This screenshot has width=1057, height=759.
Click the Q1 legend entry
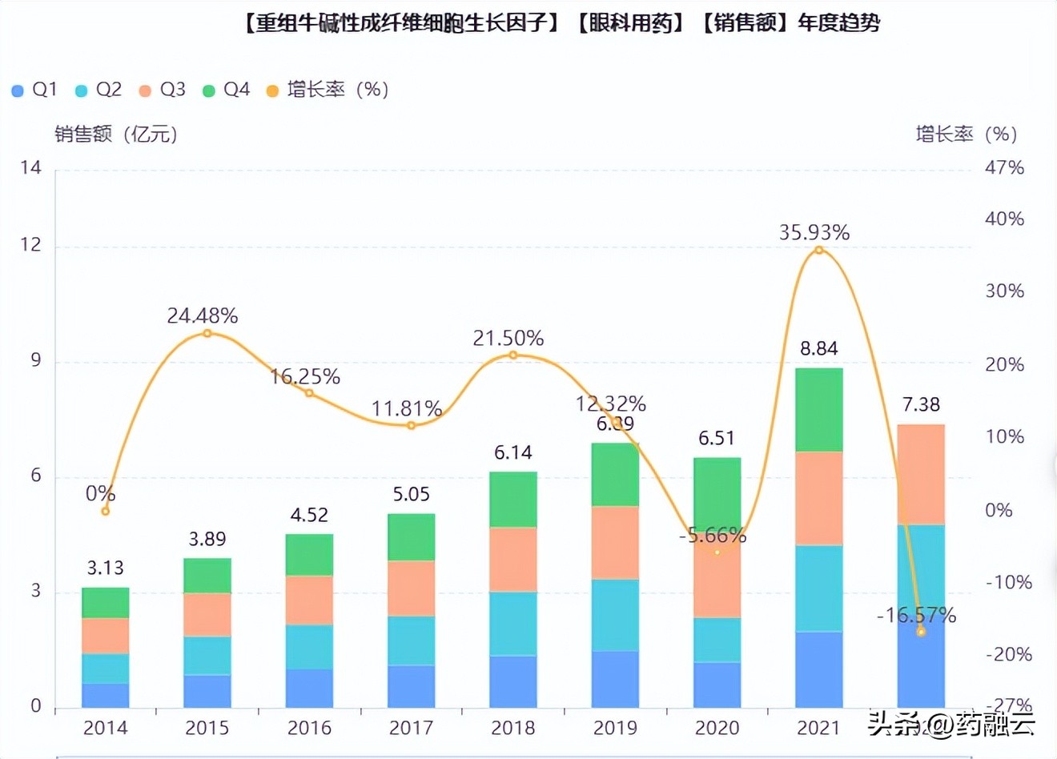point(34,90)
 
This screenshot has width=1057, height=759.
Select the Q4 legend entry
point(227,90)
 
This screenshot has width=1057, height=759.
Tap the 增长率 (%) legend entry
point(328,90)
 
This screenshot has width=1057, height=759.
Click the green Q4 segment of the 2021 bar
point(818,410)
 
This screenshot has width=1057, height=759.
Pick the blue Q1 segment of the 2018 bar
point(513,681)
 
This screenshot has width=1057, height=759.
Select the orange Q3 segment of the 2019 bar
point(615,543)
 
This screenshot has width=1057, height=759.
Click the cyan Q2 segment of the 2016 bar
point(309,647)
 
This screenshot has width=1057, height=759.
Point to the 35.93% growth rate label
point(814,232)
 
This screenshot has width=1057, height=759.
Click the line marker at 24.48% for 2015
point(207,333)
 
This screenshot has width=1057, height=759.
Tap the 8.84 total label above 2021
point(818,348)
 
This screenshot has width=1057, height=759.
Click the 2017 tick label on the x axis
point(411,728)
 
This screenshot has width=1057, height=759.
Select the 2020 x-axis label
point(717,728)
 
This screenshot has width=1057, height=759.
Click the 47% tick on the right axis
point(1004,167)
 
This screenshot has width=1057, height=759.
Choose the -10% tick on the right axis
point(1007,582)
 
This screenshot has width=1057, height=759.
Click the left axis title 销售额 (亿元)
point(116,134)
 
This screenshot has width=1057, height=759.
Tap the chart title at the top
point(561,22)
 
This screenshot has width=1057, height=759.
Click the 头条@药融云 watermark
point(952,724)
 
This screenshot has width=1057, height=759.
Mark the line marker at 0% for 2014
point(106,511)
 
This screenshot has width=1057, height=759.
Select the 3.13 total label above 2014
point(105,568)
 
